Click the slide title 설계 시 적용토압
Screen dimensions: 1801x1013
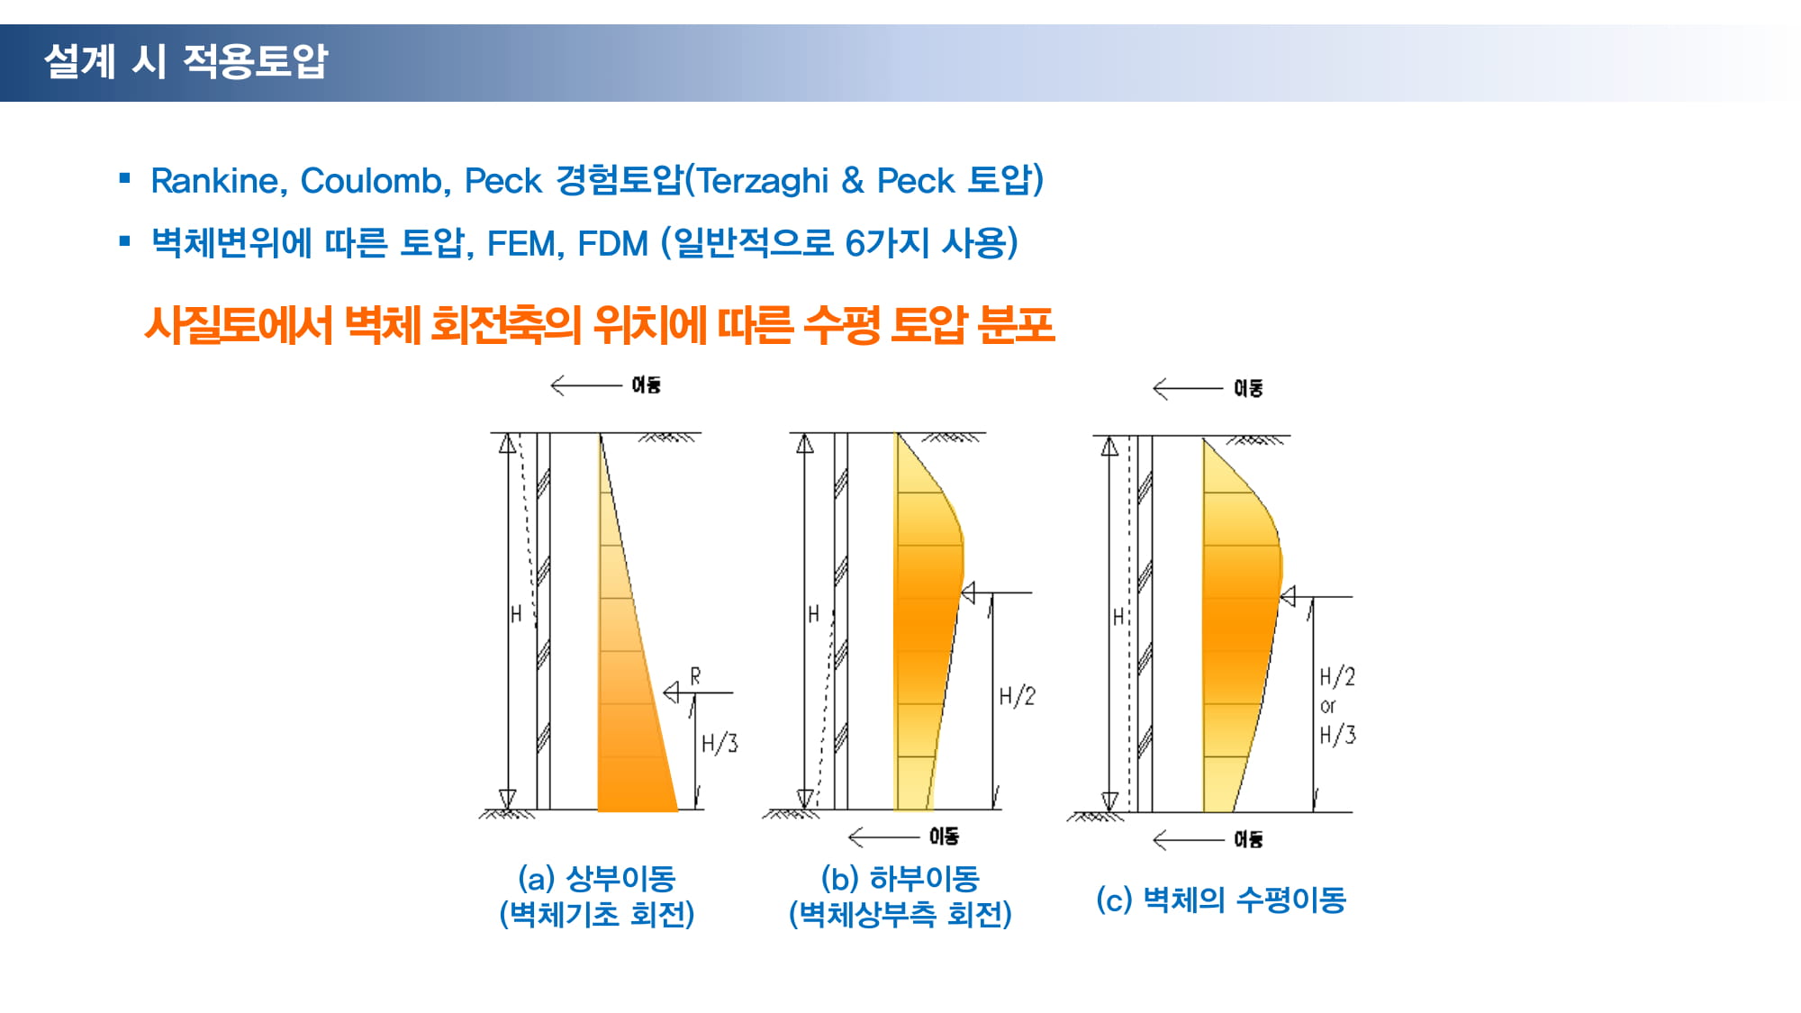186,61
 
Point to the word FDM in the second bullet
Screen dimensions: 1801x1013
612,244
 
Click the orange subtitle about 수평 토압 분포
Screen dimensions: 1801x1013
600,325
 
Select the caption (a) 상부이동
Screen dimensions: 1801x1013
596,878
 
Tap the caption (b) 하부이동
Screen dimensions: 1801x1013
900,878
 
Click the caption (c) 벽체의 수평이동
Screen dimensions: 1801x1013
1221,899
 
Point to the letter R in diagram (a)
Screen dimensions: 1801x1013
695,676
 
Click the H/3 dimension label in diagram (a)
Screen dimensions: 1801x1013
719,743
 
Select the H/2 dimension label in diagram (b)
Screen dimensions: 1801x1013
1018,696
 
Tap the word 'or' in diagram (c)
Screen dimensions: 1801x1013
1328,706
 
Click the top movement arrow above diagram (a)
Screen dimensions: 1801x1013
585,385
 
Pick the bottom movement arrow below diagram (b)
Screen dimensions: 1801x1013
883,837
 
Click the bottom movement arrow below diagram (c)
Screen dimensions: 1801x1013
1188,840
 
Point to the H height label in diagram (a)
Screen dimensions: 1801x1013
516,614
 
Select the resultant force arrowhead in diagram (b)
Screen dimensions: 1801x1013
968,592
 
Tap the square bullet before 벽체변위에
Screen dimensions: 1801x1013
125,241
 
